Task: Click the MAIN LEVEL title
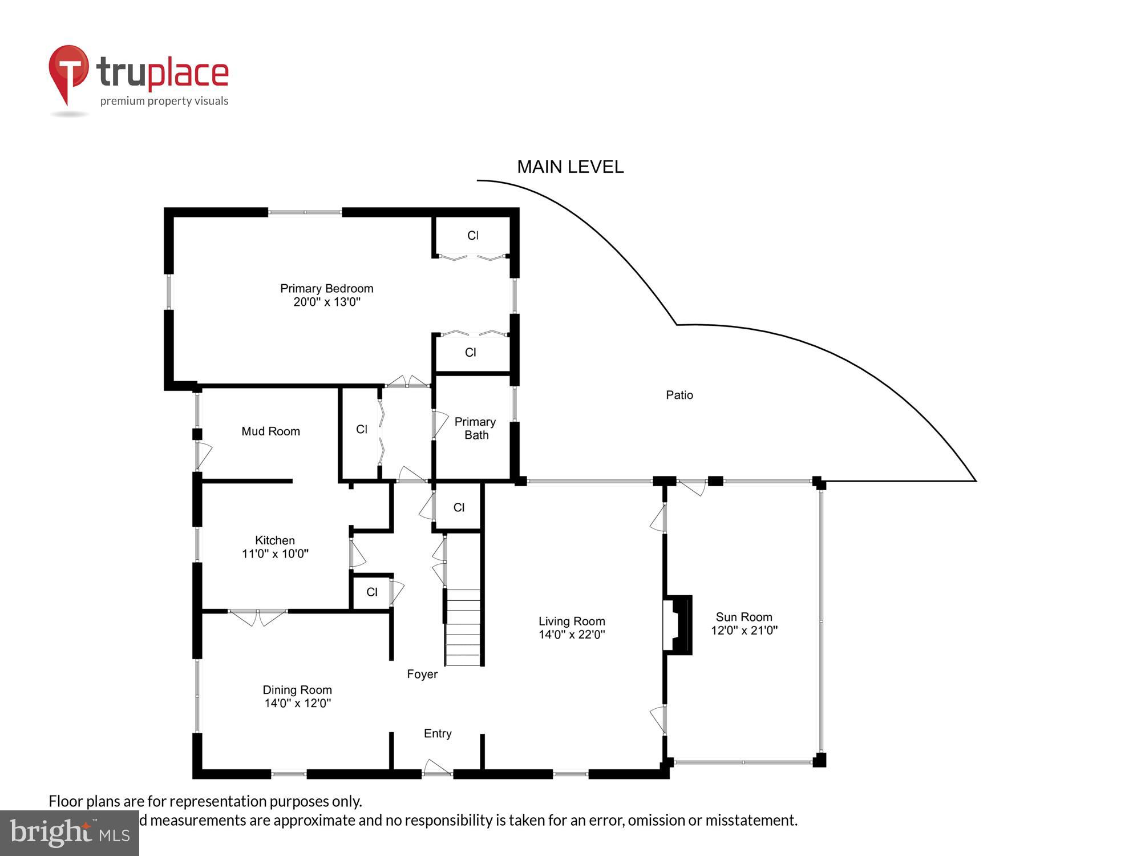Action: pyautogui.click(x=570, y=167)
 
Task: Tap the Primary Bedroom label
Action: pyautogui.click(x=326, y=288)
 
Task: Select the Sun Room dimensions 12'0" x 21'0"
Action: pyautogui.click(x=744, y=630)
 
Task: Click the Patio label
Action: pyautogui.click(x=679, y=395)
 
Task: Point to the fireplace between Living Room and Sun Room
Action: pyautogui.click(x=677, y=624)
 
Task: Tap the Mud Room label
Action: pyautogui.click(x=270, y=431)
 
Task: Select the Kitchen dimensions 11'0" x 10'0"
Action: pyautogui.click(x=275, y=554)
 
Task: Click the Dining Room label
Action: pyautogui.click(x=297, y=689)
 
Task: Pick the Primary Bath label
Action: pyautogui.click(x=475, y=428)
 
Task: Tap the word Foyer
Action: pyautogui.click(x=422, y=674)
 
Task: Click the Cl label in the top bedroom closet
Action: pyautogui.click(x=472, y=235)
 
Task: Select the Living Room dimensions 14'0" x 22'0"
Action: pyautogui.click(x=572, y=634)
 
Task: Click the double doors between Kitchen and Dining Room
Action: pyautogui.click(x=258, y=616)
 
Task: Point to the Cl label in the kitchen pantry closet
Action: pyautogui.click(x=372, y=592)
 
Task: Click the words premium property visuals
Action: pyautogui.click(x=164, y=102)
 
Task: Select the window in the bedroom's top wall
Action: pyautogui.click(x=305, y=213)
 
